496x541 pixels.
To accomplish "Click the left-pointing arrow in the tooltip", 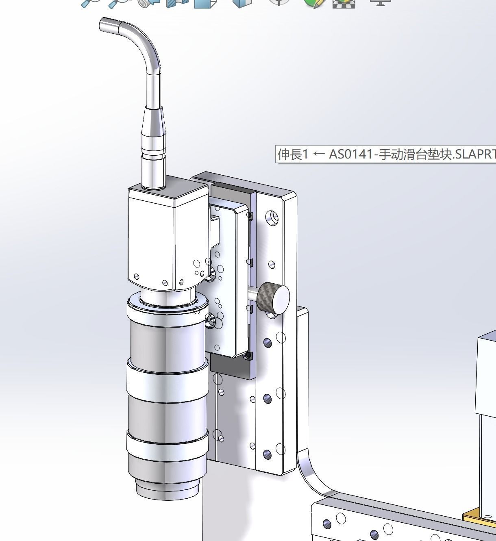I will coord(319,154).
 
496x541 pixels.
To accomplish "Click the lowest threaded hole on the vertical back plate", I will coord(267,454).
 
